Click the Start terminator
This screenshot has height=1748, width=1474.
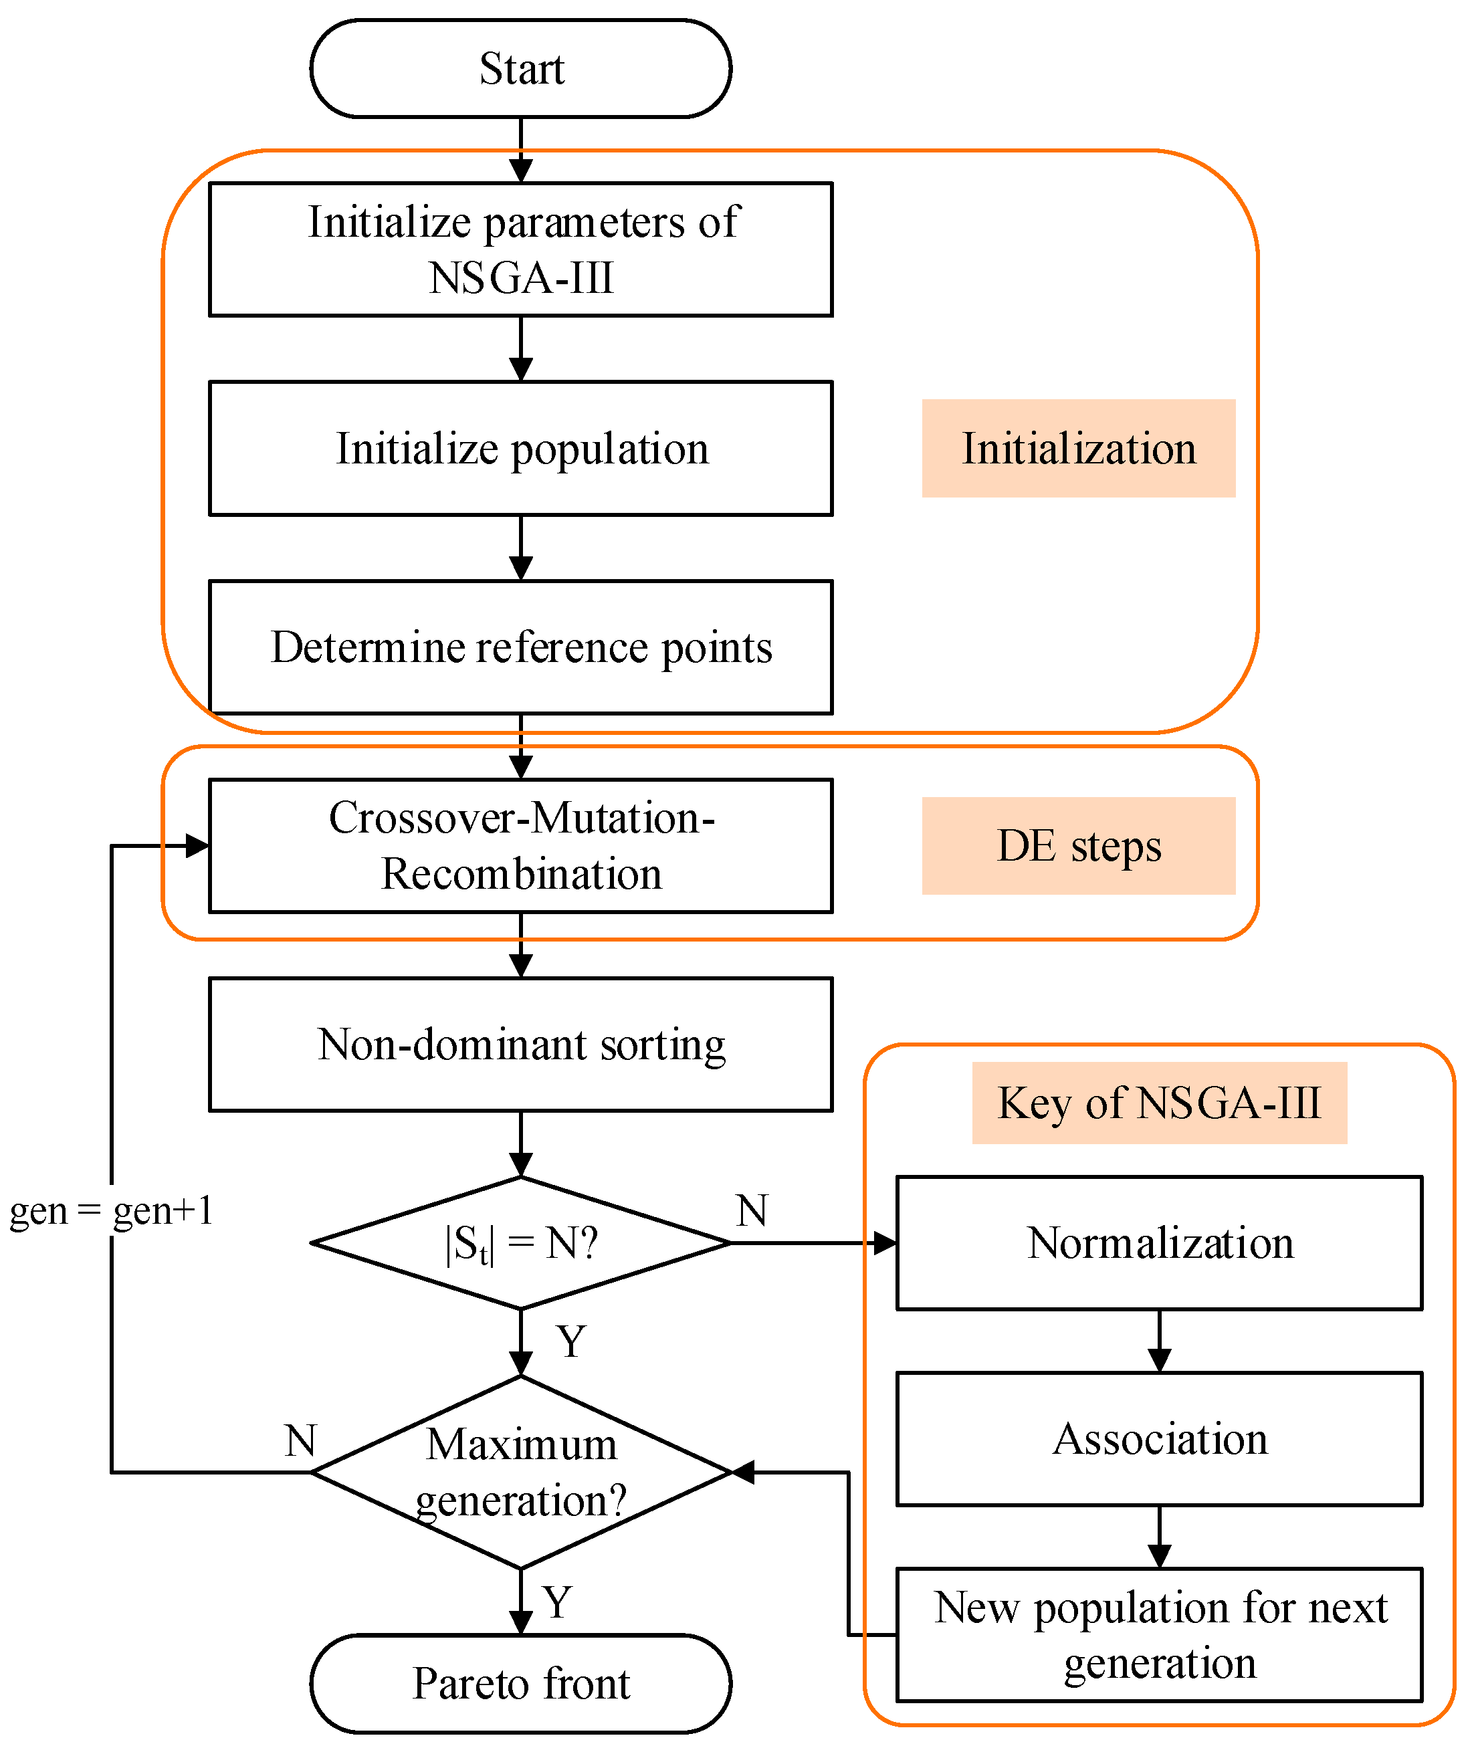click(520, 68)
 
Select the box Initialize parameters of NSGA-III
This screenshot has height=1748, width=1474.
click(520, 249)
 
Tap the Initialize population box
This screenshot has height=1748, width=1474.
click(520, 448)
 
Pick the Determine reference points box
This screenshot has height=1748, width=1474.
click(520, 647)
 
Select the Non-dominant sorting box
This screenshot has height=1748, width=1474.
click(520, 1044)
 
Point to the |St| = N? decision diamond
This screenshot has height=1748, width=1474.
click(520, 1242)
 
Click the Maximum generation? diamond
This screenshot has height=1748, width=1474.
click(520, 1472)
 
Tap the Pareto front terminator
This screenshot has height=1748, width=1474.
click(520, 1683)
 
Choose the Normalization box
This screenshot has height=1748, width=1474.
click(1159, 1242)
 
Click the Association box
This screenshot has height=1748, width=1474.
click(1159, 1439)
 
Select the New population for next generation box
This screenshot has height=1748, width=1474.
click(1159, 1634)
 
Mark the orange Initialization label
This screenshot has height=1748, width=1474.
click(1078, 448)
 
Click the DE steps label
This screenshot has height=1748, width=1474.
click(1078, 846)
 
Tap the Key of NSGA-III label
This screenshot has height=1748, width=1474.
click(1159, 1102)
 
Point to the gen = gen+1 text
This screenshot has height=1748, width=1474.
click(111, 1210)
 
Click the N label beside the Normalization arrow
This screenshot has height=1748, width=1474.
click(752, 1210)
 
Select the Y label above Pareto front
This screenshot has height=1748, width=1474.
click(557, 1602)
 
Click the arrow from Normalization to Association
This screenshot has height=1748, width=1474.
click(1159, 1340)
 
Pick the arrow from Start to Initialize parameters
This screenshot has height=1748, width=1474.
click(520, 150)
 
